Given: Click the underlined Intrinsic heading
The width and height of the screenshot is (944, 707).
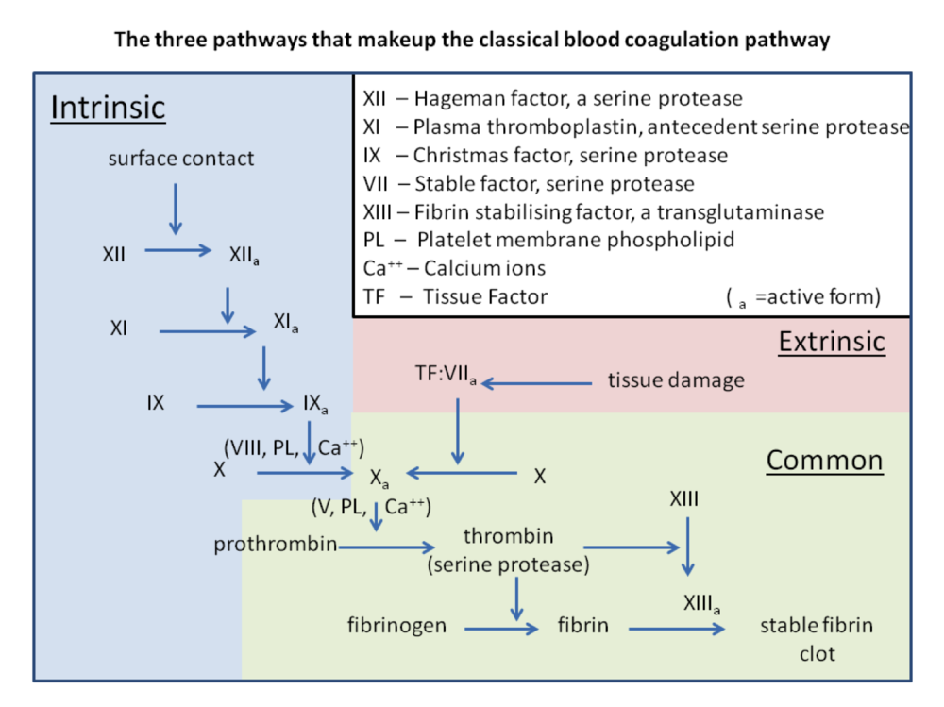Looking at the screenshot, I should point(108,108).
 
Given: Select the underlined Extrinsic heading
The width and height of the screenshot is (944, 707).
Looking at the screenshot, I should point(832,341).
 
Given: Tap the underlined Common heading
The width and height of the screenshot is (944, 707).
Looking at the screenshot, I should point(824,461).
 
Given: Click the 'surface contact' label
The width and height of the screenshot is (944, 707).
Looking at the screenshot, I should point(181,159).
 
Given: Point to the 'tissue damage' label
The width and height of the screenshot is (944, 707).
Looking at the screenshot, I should point(676,381).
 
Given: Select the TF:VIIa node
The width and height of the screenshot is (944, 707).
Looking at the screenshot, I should point(446,375).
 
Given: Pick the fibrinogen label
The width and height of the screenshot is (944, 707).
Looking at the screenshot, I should point(396,625).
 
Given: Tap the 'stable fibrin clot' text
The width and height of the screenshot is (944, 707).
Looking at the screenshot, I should point(817,638).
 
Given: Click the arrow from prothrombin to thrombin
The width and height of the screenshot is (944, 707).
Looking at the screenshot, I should point(387,547).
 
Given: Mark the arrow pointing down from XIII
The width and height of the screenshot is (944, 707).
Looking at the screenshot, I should point(688,547).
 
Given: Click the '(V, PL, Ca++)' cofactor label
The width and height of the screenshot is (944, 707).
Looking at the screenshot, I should point(371,508).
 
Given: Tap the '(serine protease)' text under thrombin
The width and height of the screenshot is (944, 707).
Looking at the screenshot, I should point(508,565).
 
